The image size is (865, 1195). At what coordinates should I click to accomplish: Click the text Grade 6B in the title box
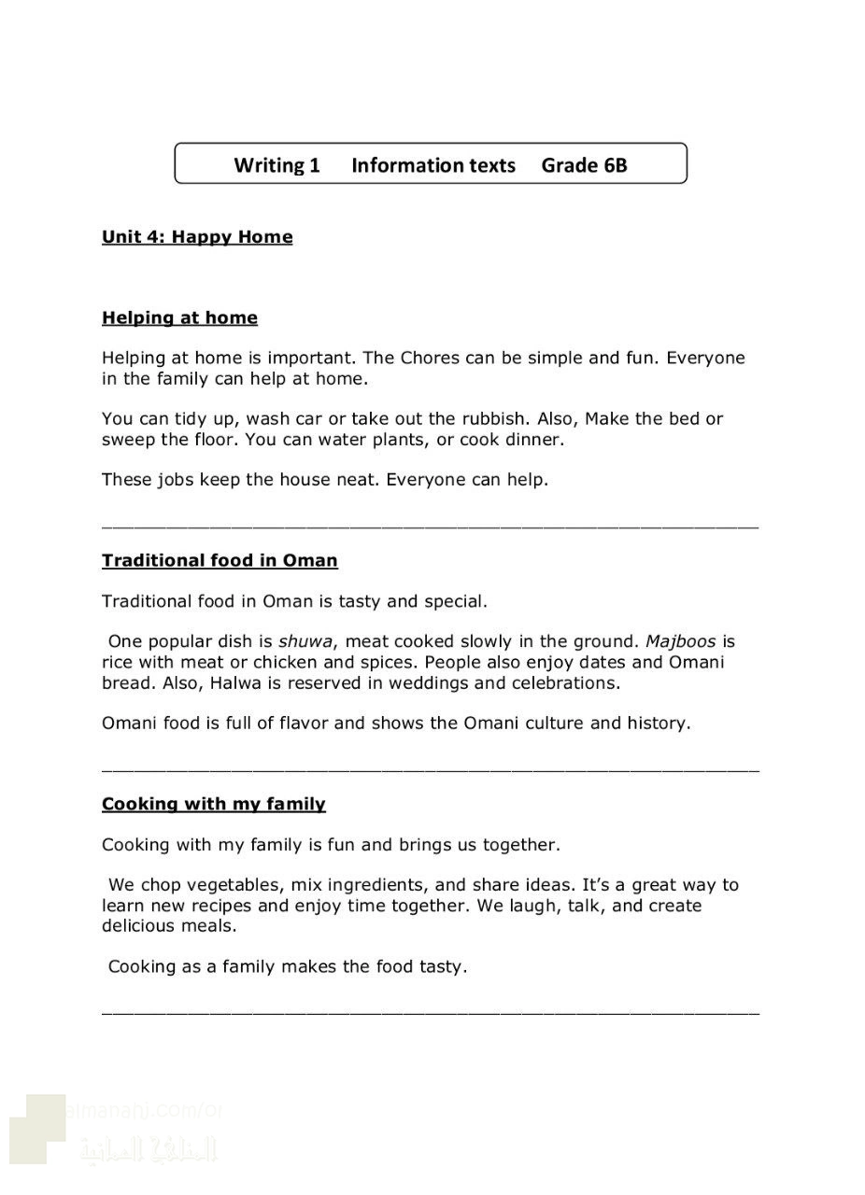[584, 165]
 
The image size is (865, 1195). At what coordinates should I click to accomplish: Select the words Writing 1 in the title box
[277, 165]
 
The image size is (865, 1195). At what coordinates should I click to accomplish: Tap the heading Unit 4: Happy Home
[197, 237]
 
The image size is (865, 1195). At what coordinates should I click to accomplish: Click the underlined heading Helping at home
[179, 318]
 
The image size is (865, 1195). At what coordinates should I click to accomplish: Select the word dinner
[531, 439]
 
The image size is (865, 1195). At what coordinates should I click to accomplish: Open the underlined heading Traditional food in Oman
[220, 561]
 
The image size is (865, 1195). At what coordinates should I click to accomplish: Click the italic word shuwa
[305, 641]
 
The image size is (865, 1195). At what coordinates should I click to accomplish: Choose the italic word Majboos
[680, 641]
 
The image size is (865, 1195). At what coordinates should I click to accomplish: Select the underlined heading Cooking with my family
[214, 804]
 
